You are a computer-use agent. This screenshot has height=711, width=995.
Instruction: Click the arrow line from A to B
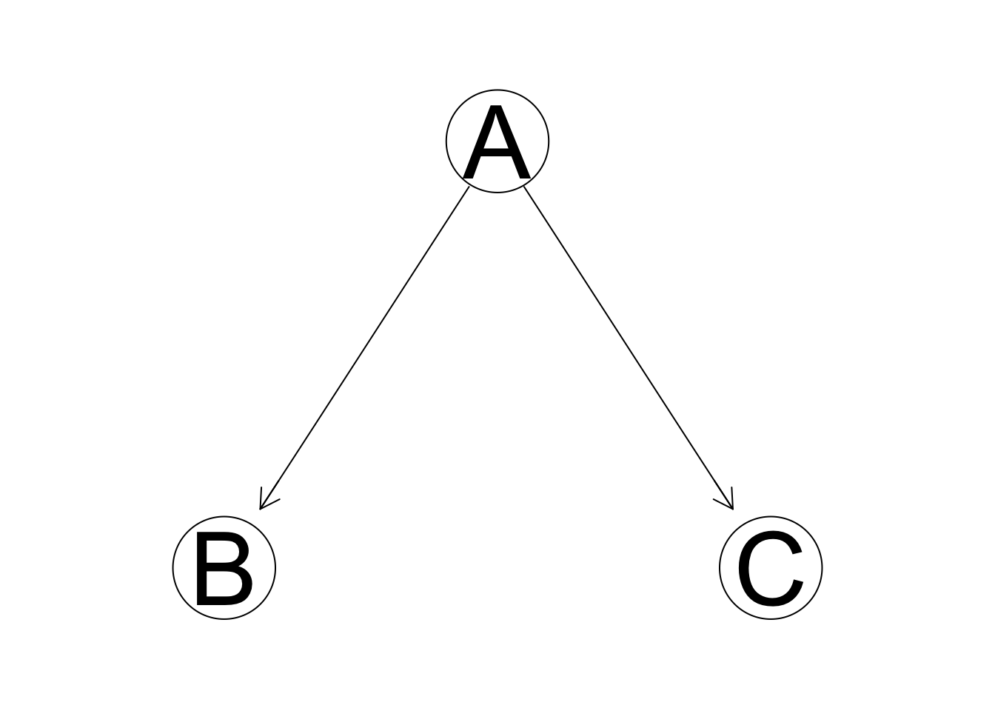pyautogui.click(x=364, y=348)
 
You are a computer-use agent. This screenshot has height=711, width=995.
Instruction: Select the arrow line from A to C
pyautogui.click(x=629, y=347)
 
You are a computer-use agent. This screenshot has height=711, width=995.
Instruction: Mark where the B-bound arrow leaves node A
pyautogui.click(x=469, y=187)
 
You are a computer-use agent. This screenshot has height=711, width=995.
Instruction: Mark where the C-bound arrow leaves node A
pyautogui.click(x=524, y=186)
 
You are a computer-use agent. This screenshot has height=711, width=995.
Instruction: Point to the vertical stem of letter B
pyautogui.click(x=202, y=568)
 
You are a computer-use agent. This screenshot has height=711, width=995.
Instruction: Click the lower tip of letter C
pyautogui.click(x=798, y=583)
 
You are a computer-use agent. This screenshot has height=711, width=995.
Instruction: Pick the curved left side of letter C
pyautogui.click(x=745, y=568)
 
